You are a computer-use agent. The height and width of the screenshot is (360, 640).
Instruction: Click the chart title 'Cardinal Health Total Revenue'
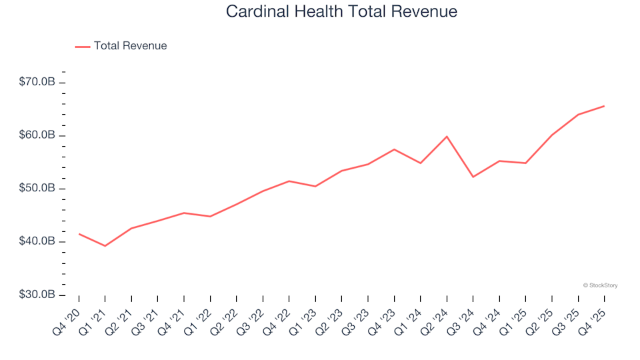(341, 11)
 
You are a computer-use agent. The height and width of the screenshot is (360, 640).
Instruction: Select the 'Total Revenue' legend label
(130, 46)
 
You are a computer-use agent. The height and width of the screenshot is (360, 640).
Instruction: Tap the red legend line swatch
(83, 47)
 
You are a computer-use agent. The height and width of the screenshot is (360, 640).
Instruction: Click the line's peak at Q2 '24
(447, 137)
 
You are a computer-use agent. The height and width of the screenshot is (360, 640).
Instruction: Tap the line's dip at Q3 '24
(473, 177)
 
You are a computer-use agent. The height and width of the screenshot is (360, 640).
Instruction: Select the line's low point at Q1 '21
(105, 246)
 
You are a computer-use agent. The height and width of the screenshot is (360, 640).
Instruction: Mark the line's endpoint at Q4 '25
(604, 106)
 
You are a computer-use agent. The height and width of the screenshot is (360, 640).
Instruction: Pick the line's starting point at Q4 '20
(79, 234)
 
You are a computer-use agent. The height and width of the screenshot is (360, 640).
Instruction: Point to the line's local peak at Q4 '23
(394, 149)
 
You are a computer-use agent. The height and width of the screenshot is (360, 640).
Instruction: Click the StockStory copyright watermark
(600, 285)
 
